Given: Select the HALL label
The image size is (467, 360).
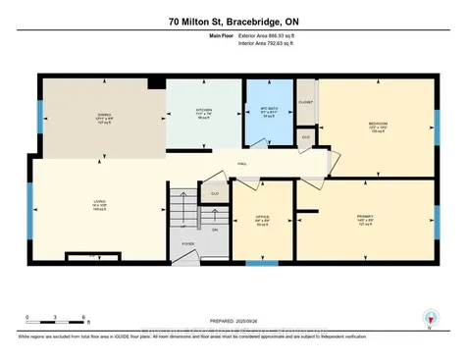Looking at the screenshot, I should coord(241,164).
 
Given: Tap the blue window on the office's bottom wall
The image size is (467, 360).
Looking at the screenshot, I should coord(260,262).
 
